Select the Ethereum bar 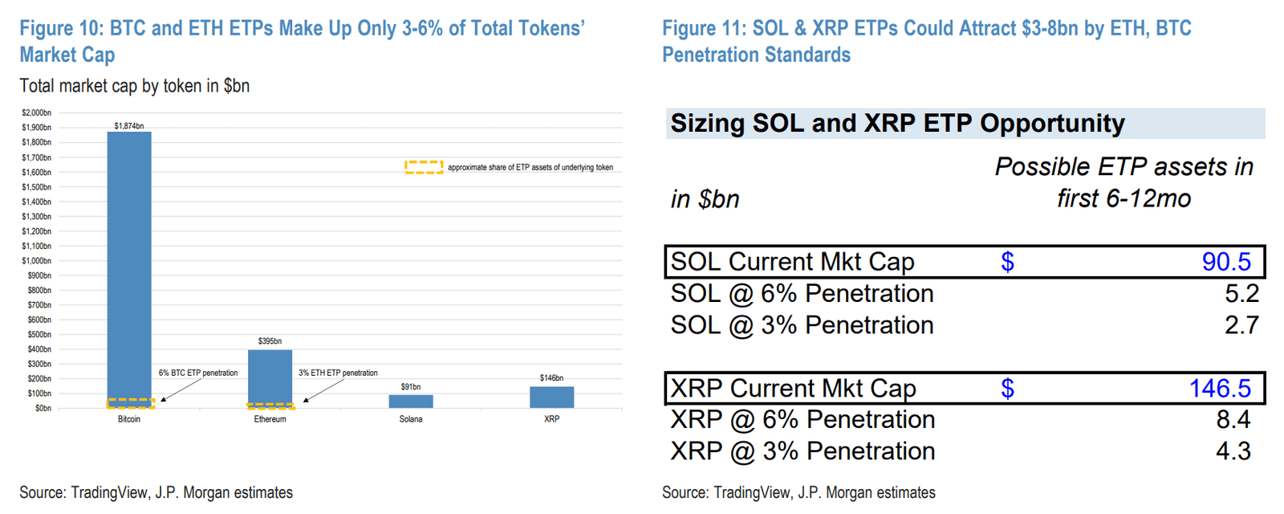coord(270,377)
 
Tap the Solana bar coord(411,401)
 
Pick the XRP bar coord(551,397)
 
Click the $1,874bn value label coord(129,126)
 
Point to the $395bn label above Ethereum coord(270,341)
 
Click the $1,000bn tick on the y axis coord(36,261)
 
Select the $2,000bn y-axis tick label coord(36,113)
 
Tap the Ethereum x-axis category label coord(270,419)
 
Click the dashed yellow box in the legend coord(424,167)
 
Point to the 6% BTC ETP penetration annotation coord(198,373)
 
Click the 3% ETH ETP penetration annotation coord(338,373)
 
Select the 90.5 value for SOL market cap coord(1226,262)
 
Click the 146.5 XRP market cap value coord(1220,389)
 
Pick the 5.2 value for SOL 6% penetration coord(1241,293)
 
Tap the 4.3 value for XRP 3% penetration coord(1233,451)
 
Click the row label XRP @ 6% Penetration coord(802,420)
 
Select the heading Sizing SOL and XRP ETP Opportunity coord(897,124)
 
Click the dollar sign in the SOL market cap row coord(1007,262)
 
